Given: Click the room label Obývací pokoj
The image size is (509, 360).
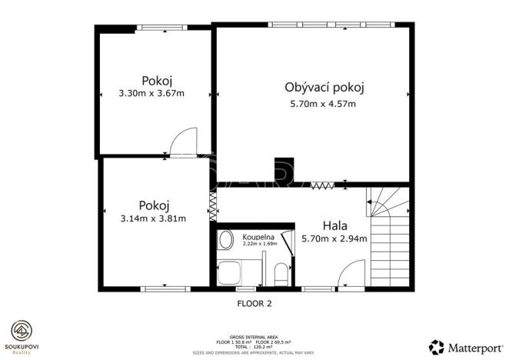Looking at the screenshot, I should [323, 87].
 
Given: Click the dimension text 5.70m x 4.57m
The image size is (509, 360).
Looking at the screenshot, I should [323, 104].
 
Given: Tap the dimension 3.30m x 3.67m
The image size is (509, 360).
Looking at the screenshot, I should [154, 94].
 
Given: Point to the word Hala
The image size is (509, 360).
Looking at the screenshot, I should [335, 226].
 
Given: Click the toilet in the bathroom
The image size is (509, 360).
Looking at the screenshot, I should [279, 274].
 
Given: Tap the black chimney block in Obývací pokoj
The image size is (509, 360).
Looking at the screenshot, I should [284, 172].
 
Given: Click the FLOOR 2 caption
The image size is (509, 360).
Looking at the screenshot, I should [253, 303].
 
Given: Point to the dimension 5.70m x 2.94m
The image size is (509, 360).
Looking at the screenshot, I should [334, 238].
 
